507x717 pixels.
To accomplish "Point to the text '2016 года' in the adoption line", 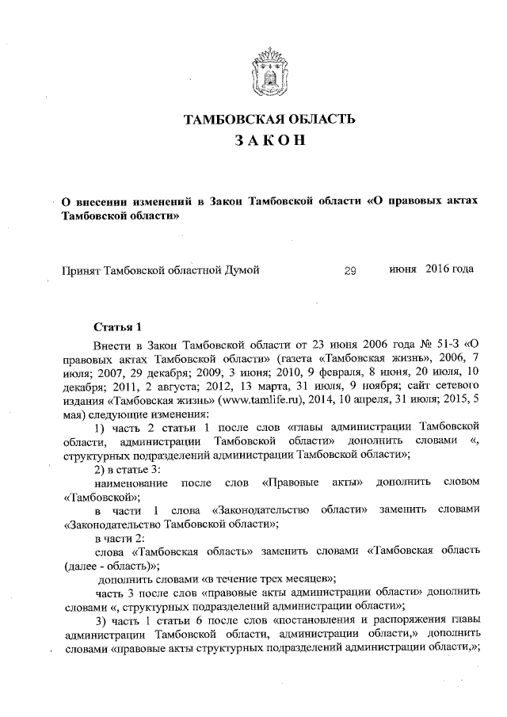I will click(x=450, y=269).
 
